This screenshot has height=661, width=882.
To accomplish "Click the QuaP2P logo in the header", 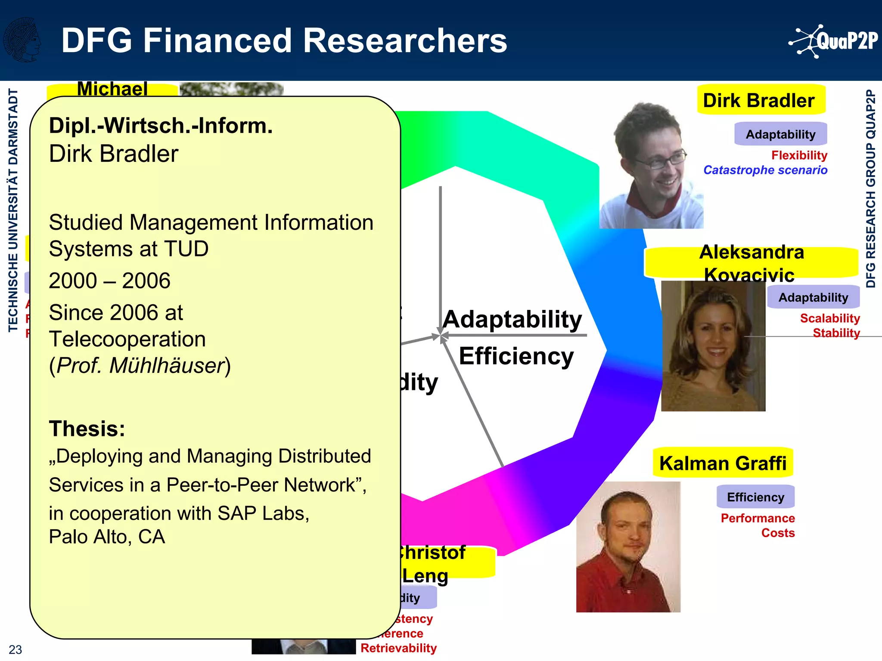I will pos(833,41).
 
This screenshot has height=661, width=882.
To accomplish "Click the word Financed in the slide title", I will pos(217,40).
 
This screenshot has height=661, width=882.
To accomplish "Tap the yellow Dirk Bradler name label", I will pos(761,100).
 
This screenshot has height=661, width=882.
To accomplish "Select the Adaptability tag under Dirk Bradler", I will pos(780,134).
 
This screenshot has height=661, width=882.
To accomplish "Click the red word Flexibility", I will pos(799,155).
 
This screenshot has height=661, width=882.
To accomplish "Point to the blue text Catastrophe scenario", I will pos(765,170).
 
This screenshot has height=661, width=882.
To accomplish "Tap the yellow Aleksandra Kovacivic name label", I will pos(751,263).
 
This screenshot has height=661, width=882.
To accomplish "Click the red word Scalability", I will pos(829,318).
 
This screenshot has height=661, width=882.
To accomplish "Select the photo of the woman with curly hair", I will pos(713,346).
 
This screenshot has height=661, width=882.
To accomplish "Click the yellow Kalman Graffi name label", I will pos(723,463).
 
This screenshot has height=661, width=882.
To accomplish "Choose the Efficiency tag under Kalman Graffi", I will pos(755,497).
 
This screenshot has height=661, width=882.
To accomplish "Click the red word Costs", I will pos(778,533).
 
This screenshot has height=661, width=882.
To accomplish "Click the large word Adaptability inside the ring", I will pos(512,319).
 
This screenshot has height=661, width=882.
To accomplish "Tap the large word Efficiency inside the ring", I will pos(516,356).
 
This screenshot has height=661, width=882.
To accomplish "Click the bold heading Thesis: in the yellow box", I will pos(87,429).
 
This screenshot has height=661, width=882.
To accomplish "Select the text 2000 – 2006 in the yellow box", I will pos(109,281).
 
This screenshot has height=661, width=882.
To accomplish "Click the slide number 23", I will pos(15,649).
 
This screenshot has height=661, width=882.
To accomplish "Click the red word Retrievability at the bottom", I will pos(398,648).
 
